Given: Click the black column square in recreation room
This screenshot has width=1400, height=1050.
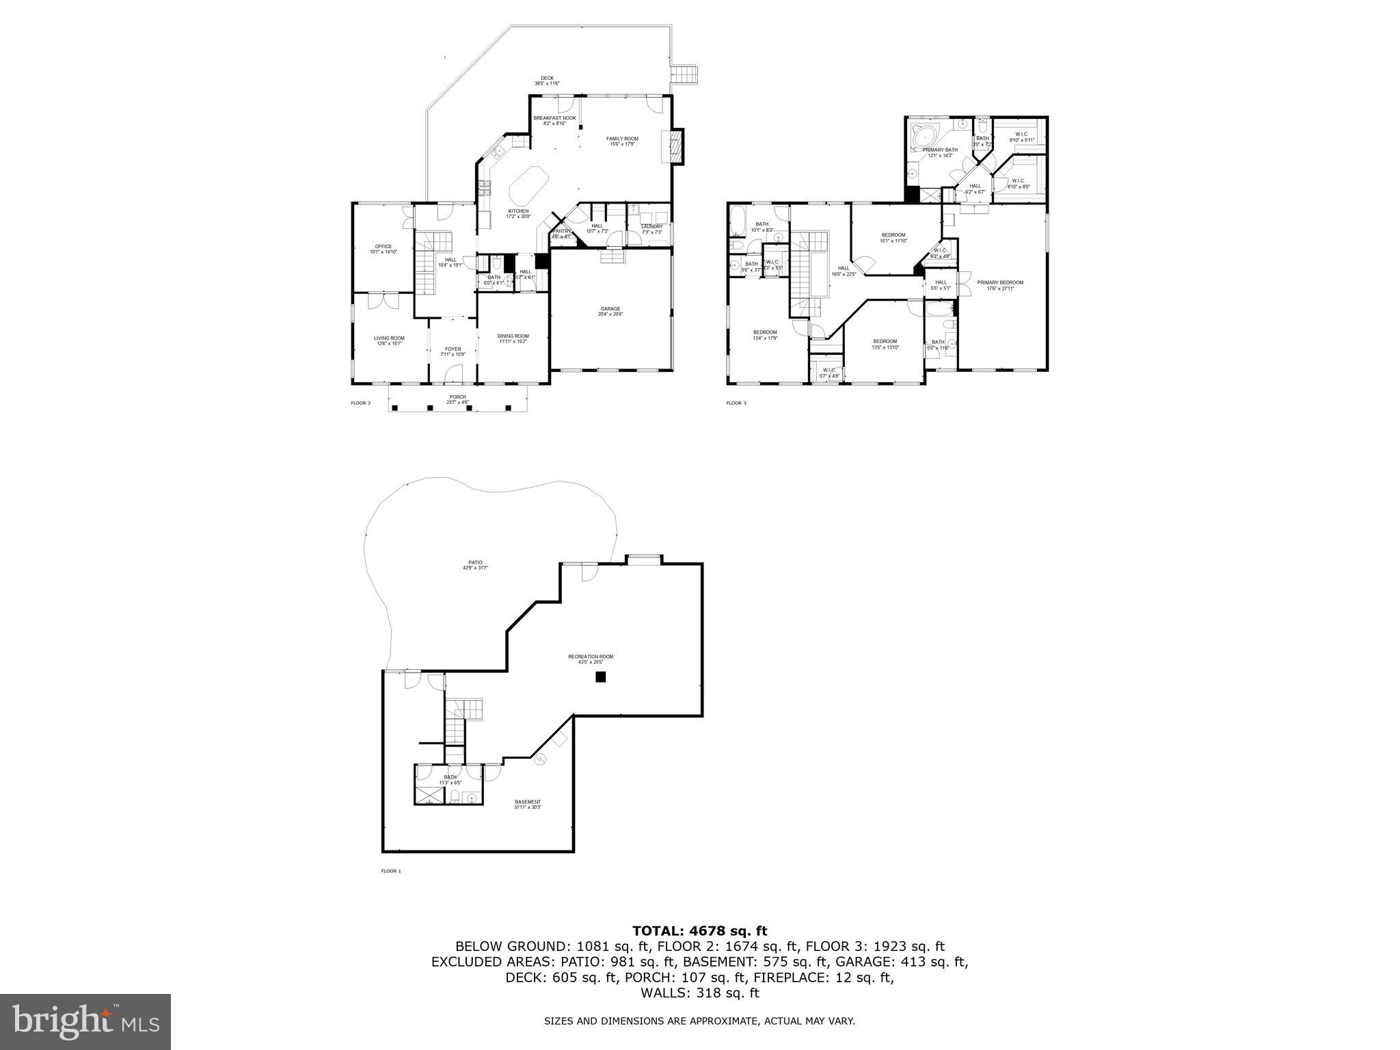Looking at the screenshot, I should point(600,677).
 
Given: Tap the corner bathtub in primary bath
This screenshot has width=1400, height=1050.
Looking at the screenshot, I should point(925,137).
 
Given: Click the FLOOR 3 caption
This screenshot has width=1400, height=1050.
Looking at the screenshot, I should point(736,403).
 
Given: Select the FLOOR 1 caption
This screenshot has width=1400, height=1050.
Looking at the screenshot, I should point(391,871).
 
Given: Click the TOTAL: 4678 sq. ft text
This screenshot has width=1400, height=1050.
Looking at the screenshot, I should point(699,930).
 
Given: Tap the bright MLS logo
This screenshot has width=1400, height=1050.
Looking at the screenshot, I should point(85,1022).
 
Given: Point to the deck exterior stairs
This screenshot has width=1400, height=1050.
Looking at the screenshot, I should point(685,74).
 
